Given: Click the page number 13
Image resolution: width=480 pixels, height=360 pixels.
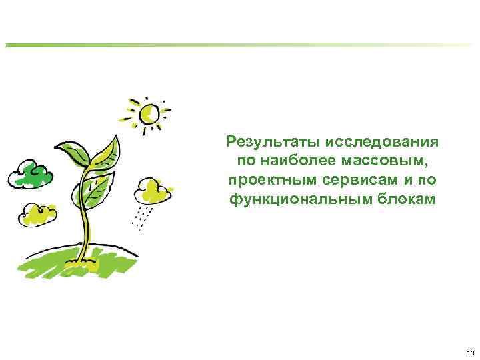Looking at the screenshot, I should pos(471,353).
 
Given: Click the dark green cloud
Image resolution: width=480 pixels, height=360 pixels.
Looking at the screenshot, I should pos(30,174).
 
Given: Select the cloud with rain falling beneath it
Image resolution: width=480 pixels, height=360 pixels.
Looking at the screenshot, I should pos(152,191).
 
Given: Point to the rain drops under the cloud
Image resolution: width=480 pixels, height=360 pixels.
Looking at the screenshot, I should pos(143,217).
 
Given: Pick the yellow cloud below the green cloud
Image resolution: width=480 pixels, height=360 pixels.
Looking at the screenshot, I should pos(38,214).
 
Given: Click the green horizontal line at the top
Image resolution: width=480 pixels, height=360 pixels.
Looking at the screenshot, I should pos(240,45).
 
